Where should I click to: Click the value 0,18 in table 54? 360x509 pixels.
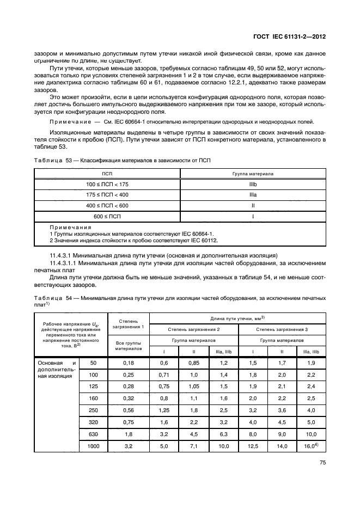[128, 363]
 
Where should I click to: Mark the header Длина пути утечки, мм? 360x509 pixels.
[235, 318]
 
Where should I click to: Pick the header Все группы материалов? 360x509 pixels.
[128, 346]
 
